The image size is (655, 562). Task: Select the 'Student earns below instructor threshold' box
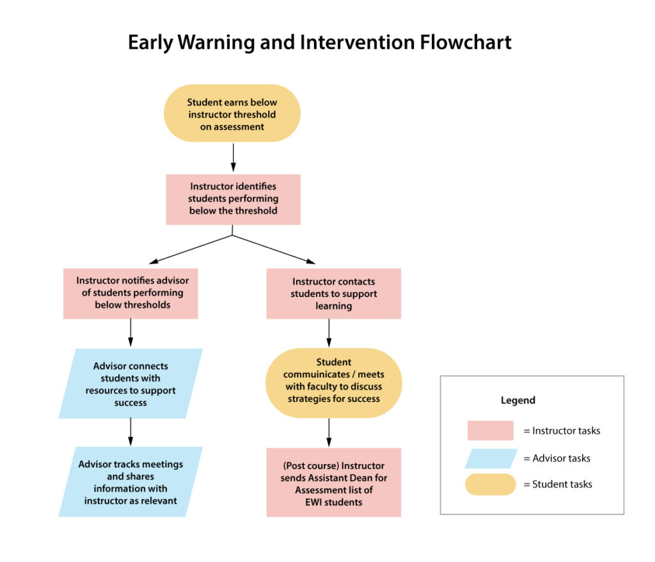click(x=232, y=114)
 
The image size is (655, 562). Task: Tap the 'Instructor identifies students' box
click(x=233, y=198)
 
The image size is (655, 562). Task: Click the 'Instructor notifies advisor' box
click(x=130, y=293)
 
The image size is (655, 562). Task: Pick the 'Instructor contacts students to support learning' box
click(x=333, y=293)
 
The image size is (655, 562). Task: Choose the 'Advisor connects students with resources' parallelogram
click(x=130, y=383)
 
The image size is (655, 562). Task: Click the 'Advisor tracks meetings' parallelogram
click(x=130, y=481)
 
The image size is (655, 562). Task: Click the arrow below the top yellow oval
click(x=233, y=157)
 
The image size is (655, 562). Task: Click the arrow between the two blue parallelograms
click(x=130, y=432)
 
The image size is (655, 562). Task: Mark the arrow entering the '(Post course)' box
click(x=329, y=433)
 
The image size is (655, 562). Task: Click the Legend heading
click(x=517, y=400)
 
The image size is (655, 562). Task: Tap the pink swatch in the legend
click(x=490, y=430)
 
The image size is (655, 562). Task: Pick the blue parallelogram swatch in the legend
click(x=491, y=458)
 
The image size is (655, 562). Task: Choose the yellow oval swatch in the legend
click(x=491, y=484)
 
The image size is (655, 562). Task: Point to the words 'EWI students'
click(x=333, y=502)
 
